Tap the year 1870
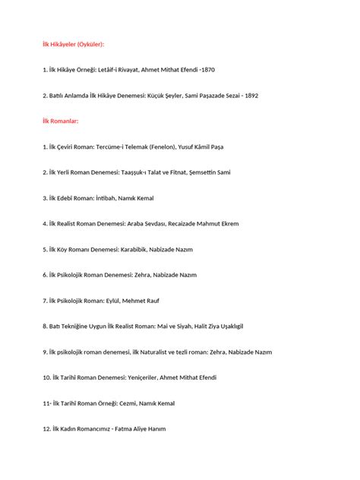[207, 70]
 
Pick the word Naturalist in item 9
[156, 352]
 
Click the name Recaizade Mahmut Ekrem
[206, 224]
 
